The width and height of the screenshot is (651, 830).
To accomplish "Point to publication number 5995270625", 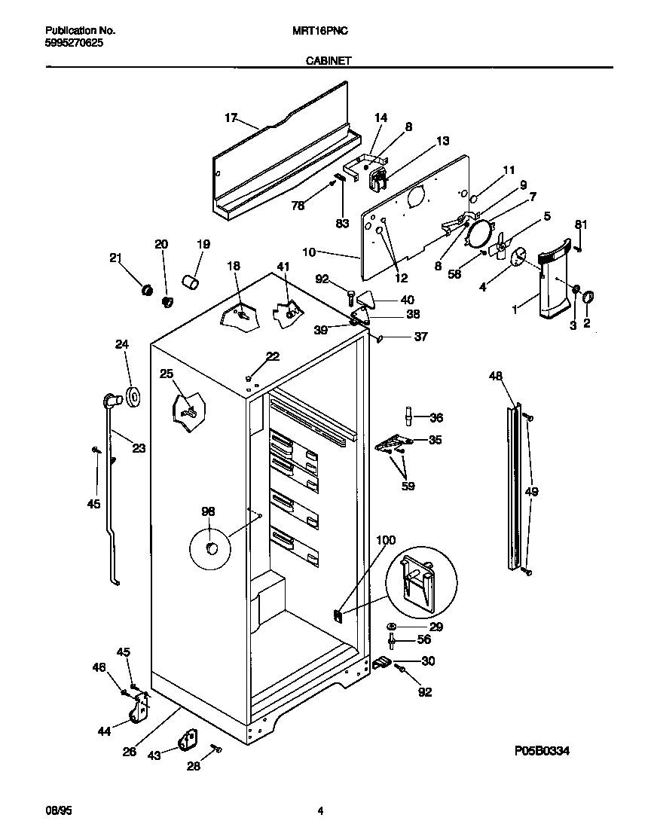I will point(75,43).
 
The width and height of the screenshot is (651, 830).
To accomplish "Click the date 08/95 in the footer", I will point(57,811).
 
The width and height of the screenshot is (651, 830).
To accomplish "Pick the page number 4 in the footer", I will point(320,811).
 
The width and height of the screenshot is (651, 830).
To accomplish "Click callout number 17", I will point(231,117).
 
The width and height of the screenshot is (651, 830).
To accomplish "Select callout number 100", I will point(385,540).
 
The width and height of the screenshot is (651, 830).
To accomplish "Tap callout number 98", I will point(208,511).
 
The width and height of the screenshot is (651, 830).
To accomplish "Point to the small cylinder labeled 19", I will point(191,283).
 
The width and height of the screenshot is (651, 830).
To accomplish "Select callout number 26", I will point(130,751).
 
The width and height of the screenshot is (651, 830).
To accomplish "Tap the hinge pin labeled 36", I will point(409,416).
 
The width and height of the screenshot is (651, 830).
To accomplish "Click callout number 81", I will point(580,224).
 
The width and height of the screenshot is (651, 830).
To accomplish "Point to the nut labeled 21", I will point(147,288).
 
